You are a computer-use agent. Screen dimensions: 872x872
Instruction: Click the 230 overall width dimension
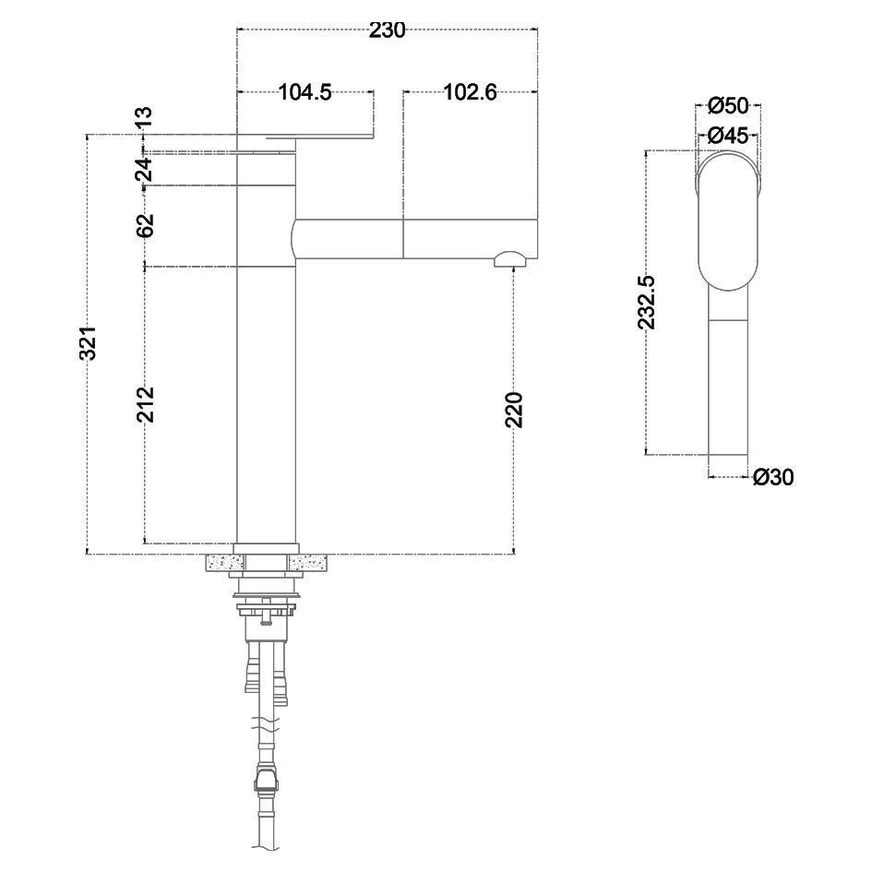pos(387,30)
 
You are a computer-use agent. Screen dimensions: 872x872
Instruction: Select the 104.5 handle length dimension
pos(305,91)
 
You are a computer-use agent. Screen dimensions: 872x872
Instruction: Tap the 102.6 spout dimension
pos(470,91)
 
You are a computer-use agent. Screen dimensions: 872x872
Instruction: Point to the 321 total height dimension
pos(89,342)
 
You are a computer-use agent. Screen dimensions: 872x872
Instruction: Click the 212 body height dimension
pos(146,404)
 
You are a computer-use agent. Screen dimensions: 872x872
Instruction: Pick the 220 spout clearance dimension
pos(514,410)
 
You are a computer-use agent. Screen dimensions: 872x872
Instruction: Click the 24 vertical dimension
pos(145,170)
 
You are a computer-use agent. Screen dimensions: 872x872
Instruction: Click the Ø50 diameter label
pos(729,106)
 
